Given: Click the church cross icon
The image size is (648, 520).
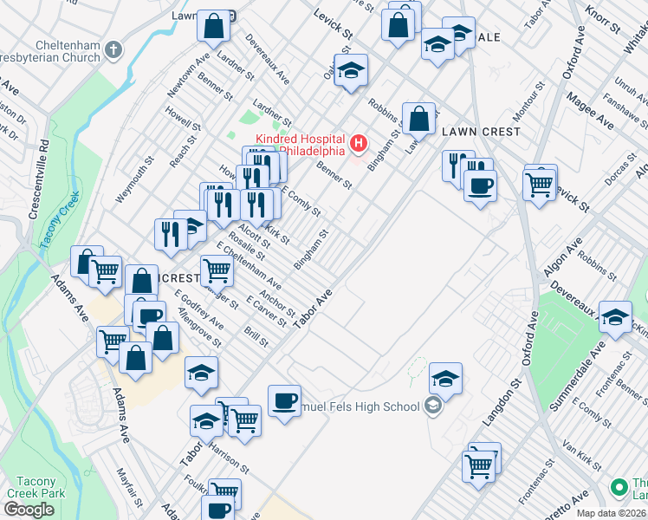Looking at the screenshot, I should (x=113, y=50).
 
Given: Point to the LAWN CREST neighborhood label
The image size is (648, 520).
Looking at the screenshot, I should (x=481, y=132).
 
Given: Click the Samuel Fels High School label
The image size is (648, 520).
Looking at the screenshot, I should (x=359, y=406).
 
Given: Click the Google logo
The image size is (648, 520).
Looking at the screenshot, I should (x=29, y=510).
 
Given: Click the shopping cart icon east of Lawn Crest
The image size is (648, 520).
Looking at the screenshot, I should (x=539, y=183).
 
